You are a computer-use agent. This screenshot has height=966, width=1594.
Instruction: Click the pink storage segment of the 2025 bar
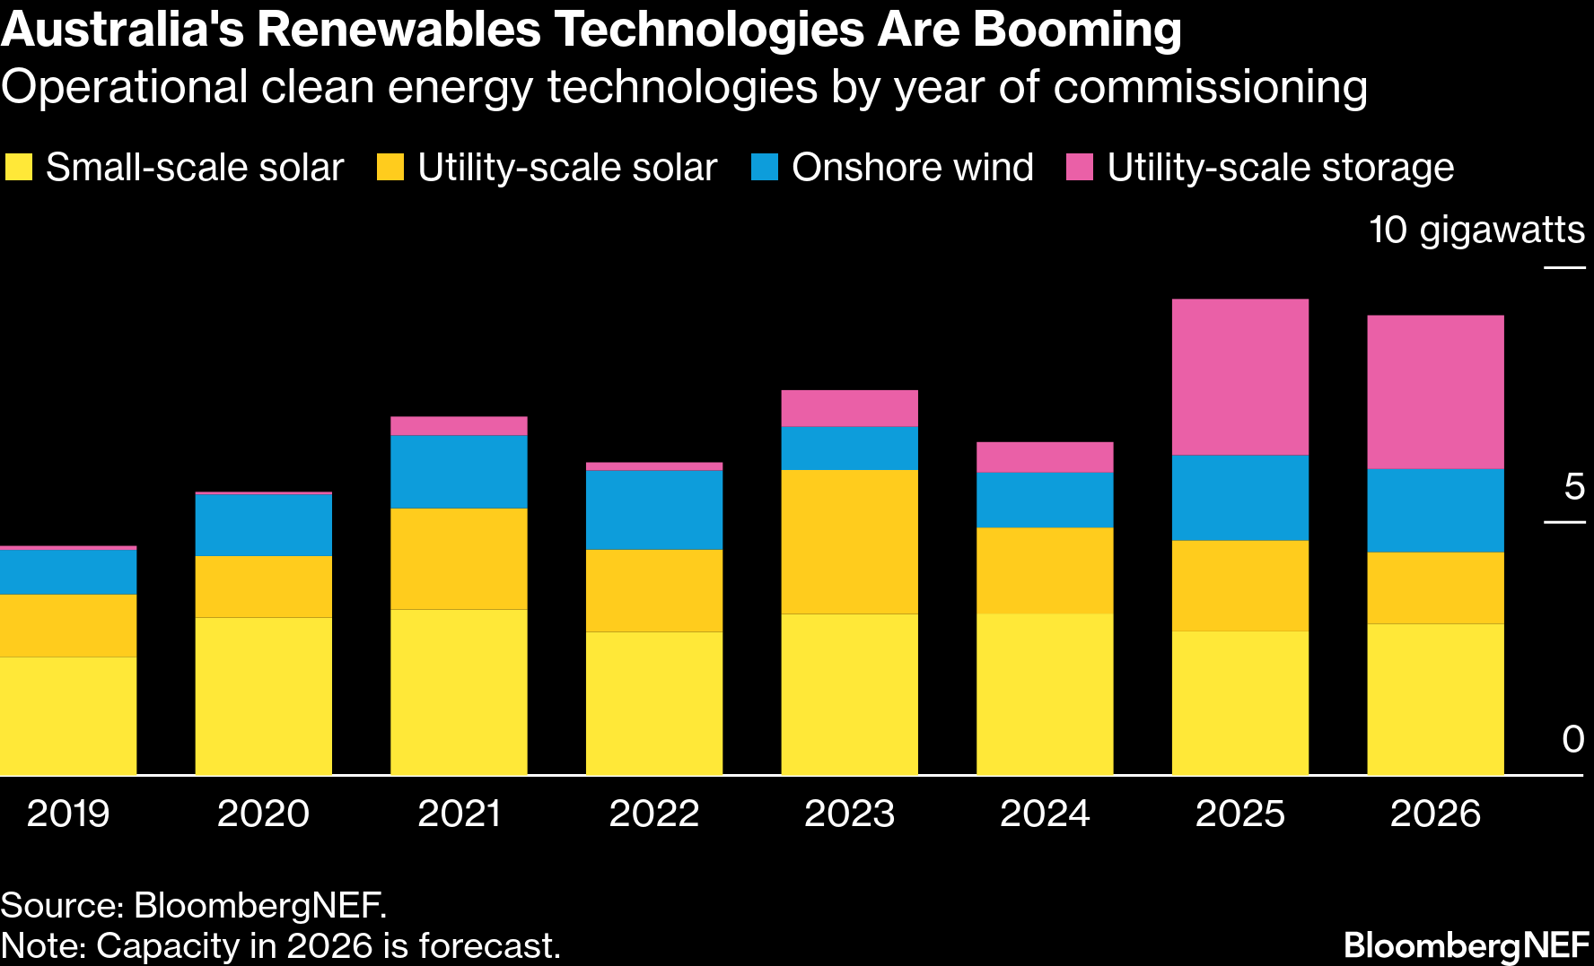coord(1239,377)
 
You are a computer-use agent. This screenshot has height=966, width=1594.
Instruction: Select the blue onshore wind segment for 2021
coord(459,472)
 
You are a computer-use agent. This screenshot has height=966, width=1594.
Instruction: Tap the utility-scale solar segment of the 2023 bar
coord(849,542)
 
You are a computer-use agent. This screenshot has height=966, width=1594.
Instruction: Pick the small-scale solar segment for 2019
coord(68,716)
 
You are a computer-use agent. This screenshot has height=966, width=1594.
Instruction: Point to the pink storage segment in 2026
coord(1435,392)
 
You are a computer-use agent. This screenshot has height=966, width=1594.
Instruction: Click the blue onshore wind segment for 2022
coord(654,509)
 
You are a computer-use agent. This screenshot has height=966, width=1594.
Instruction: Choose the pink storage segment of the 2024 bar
coord(1045,457)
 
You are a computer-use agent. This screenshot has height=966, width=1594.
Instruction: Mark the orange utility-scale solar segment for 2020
coord(263,587)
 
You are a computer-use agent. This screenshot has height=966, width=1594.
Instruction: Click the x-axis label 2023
coord(849,814)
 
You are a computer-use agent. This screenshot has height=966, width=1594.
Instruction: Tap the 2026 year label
coord(1435,814)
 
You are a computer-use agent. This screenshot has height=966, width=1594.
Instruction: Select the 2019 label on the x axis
coord(68,814)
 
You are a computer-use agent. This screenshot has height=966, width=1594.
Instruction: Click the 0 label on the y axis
coord(1573,740)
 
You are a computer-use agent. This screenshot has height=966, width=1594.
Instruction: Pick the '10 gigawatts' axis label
coord(1476,231)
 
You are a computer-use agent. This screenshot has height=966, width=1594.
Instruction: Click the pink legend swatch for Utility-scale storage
coord(1080,168)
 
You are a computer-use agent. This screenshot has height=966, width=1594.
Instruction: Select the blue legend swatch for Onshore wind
coord(765,168)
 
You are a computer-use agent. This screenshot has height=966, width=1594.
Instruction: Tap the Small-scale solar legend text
coord(195,168)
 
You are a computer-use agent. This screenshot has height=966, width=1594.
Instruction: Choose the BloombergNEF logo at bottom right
coord(1467,945)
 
